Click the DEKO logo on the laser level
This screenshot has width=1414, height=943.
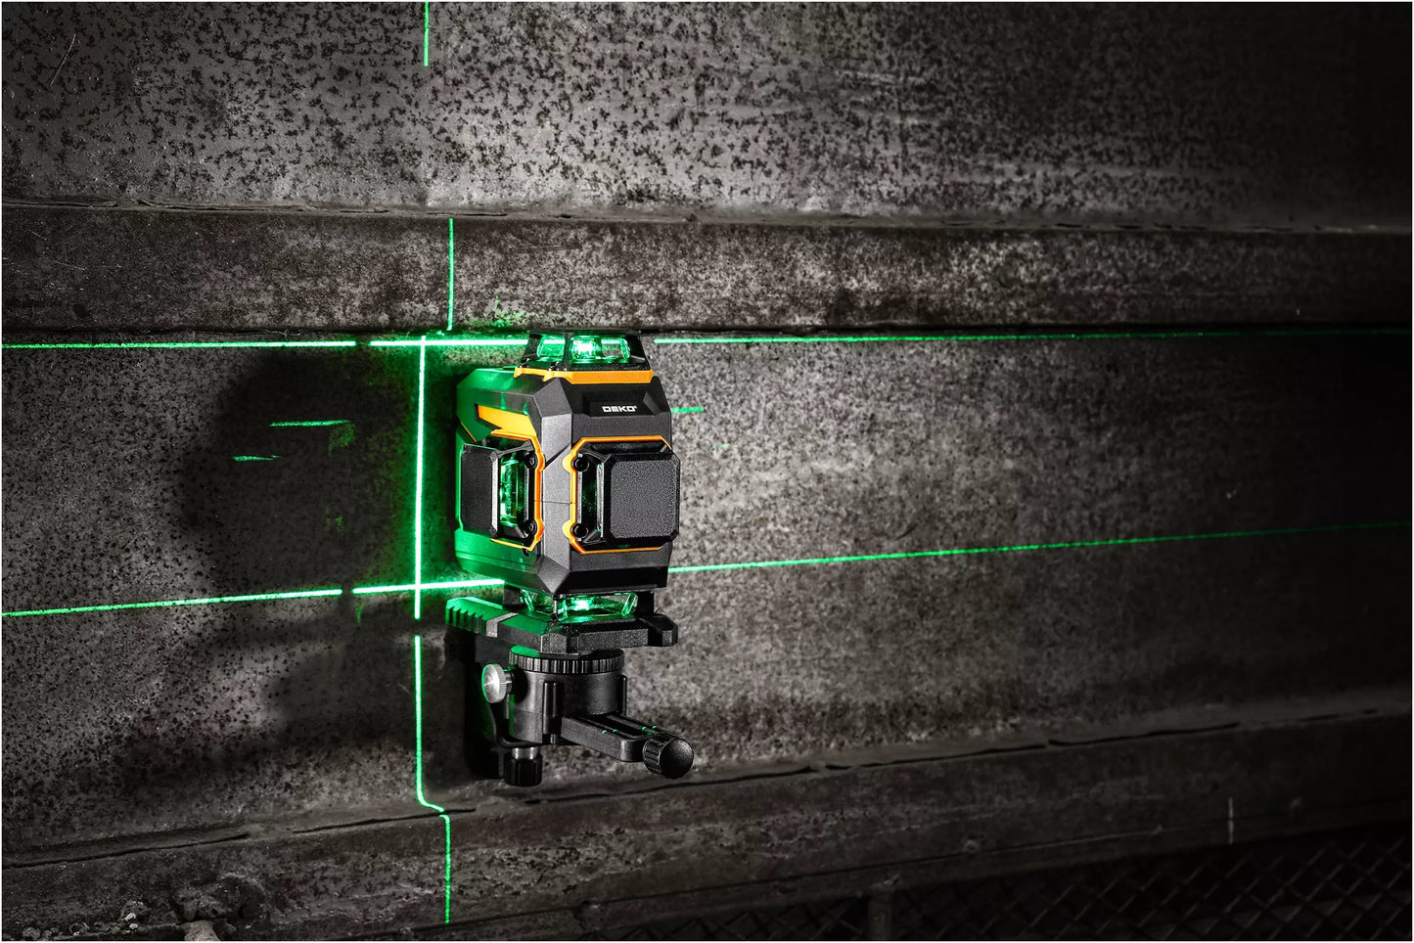pyautogui.click(x=618, y=409)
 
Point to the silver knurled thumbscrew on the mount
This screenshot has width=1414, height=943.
pyautogui.click(x=498, y=682)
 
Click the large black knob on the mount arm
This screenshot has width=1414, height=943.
pyautogui.click(x=668, y=755)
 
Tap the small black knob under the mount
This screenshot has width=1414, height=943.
pyautogui.click(x=524, y=765)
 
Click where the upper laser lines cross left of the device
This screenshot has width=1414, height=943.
pyautogui.click(x=423, y=342)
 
